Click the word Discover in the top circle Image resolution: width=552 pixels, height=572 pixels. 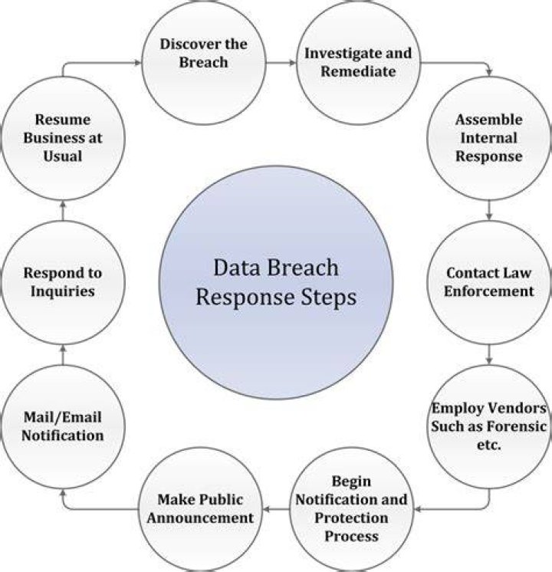point(189,44)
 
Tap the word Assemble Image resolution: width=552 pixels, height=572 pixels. point(488,120)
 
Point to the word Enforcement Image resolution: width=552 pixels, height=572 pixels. point(488,291)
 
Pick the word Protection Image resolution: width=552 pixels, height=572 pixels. point(351,518)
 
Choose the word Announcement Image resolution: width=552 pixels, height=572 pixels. point(200,518)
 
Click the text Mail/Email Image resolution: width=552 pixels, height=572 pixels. point(62,417)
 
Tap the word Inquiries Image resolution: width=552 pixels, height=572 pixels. point(62,292)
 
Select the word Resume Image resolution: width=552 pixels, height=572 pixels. point(62,120)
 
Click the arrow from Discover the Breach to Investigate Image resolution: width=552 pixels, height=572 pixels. point(281,63)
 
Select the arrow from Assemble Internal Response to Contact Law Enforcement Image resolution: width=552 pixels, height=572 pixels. point(489,210)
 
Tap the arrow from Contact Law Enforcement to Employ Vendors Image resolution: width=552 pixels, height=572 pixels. point(489,354)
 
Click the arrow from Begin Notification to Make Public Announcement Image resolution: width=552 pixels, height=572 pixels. point(276,509)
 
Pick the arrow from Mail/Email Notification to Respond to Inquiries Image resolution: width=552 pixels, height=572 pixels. point(63,355)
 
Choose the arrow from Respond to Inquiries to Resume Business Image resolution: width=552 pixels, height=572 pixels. point(63,211)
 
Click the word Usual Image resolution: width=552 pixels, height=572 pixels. point(62,156)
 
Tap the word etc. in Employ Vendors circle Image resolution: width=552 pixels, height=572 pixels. point(488,445)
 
